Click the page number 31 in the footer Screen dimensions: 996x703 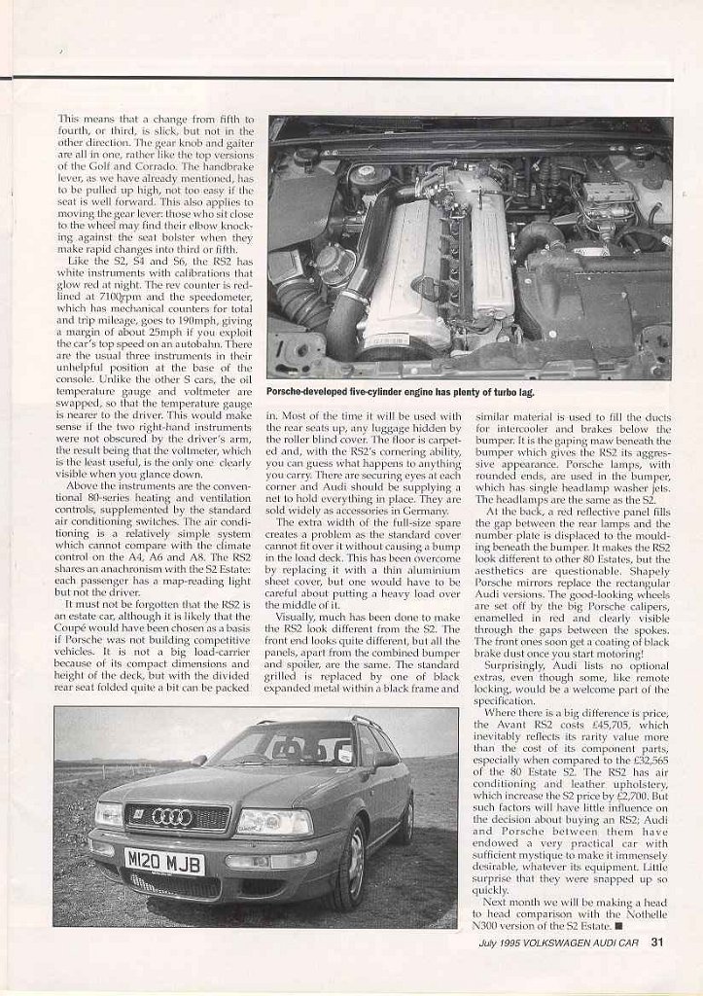click(x=657, y=968)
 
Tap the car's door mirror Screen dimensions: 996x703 click(x=387, y=759)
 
